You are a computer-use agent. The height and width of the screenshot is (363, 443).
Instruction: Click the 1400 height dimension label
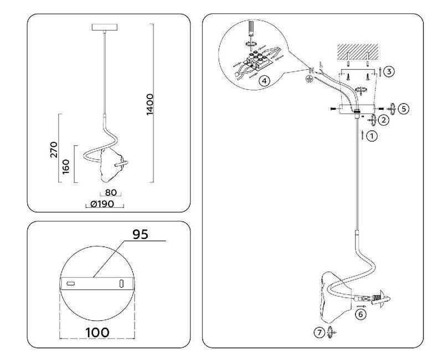(150, 105)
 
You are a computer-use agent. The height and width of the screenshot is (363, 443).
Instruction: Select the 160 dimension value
(66, 165)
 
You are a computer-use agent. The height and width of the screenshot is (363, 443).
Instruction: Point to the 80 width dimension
(111, 193)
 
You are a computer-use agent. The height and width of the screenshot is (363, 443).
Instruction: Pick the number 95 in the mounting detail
(140, 234)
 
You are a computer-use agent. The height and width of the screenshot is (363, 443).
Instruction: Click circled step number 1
(372, 135)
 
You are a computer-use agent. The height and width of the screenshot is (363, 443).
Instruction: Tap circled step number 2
(383, 119)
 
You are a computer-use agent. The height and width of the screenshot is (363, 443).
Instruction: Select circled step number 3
(390, 72)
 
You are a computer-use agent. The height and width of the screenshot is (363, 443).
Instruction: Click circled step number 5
(404, 109)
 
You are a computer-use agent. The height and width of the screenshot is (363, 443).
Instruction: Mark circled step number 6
(360, 314)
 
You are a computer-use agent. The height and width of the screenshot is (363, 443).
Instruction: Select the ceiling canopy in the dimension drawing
(104, 27)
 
